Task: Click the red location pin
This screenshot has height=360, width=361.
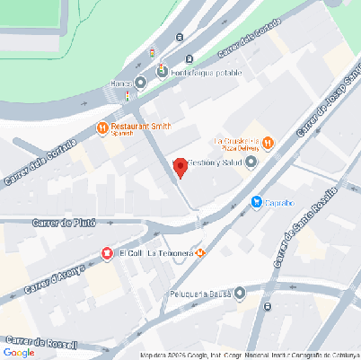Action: (180, 167)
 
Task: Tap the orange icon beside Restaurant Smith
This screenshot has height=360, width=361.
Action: (102, 127)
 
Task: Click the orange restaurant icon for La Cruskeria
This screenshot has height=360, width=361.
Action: (269, 142)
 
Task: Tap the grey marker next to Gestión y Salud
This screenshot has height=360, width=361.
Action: (251, 162)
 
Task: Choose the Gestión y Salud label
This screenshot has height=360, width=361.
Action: (216, 162)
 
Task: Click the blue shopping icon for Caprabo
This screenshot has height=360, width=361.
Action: (257, 203)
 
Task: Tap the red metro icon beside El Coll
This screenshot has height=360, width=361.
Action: (108, 253)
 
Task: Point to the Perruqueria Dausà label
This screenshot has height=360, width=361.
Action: (199, 294)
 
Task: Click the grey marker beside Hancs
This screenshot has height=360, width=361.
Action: (140, 83)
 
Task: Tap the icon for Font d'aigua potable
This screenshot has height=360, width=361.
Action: (163, 70)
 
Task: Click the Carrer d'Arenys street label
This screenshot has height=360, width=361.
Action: (56, 277)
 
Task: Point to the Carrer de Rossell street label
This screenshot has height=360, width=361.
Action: (42, 342)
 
